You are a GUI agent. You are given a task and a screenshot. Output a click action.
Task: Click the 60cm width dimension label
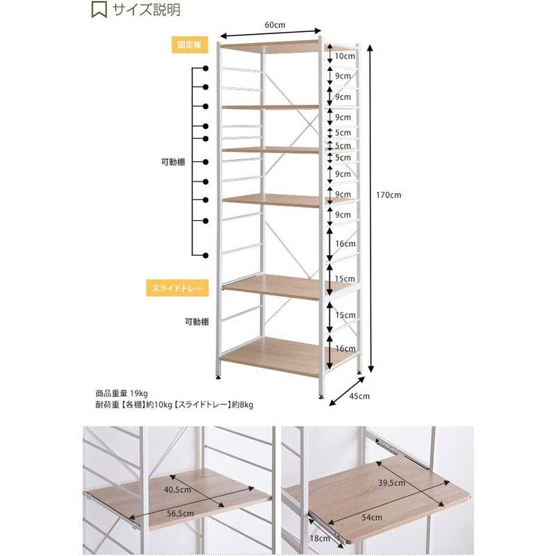pyautogui.click(x=275, y=25)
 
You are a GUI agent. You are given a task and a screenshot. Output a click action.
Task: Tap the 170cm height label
pyautogui.click(x=389, y=195)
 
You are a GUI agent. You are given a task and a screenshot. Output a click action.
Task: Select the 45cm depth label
pyautogui.click(x=359, y=396)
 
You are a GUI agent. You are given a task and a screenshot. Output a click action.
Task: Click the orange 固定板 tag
pyautogui.click(x=190, y=44)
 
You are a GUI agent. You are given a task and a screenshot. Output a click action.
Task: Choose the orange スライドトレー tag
pyautogui.click(x=177, y=288)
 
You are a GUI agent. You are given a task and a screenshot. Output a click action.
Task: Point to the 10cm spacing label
pyautogui.click(x=345, y=56)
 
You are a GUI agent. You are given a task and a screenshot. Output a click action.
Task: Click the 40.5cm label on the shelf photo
pyautogui.click(x=177, y=490)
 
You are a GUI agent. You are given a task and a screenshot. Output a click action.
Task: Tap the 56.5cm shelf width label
pyautogui.click(x=181, y=513)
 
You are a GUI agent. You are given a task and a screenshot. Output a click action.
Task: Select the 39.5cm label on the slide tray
pyautogui.click(x=391, y=482)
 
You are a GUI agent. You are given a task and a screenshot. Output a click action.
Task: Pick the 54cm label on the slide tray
pyautogui.click(x=372, y=517)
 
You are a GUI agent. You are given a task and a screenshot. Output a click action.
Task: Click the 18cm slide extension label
pyautogui.click(x=320, y=538)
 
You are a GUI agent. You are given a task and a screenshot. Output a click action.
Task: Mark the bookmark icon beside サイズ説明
pyautogui.click(x=99, y=10)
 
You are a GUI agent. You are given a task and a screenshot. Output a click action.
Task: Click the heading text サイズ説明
pyautogui.click(x=147, y=10)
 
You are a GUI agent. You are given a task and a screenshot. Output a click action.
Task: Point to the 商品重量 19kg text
pyautogui.click(x=122, y=393)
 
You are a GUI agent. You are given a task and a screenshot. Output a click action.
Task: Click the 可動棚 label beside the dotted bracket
pyautogui.click(x=173, y=163)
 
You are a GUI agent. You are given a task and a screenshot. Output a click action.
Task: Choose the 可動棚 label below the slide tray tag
pyautogui.click(x=197, y=322)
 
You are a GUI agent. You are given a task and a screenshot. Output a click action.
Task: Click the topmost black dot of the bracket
pyautogui.click(x=206, y=68)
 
